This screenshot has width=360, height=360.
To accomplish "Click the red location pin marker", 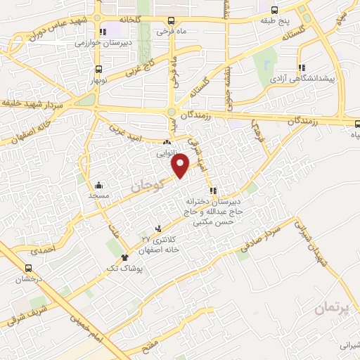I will (181, 165).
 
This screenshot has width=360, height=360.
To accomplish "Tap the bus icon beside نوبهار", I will (98, 70).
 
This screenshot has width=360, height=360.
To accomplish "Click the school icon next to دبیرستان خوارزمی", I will (103, 32).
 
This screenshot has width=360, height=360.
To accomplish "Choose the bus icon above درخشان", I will (29, 268).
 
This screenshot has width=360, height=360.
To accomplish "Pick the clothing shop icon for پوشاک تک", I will (125, 257).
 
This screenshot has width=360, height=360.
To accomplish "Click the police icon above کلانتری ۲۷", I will (157, 229).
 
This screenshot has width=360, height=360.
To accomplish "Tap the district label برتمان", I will (331, 307).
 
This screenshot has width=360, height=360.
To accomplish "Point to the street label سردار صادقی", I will (266, 237).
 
